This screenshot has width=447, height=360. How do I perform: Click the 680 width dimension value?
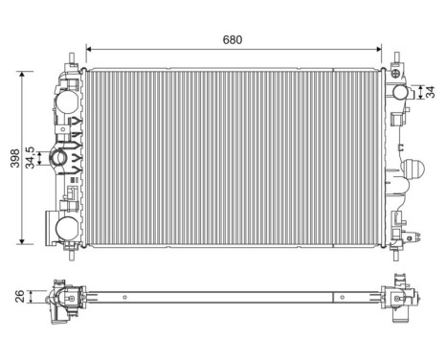click(233, 39)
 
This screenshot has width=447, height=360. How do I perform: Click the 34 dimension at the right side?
click(430, 92)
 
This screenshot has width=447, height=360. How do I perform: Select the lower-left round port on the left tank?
click(66, 227)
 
